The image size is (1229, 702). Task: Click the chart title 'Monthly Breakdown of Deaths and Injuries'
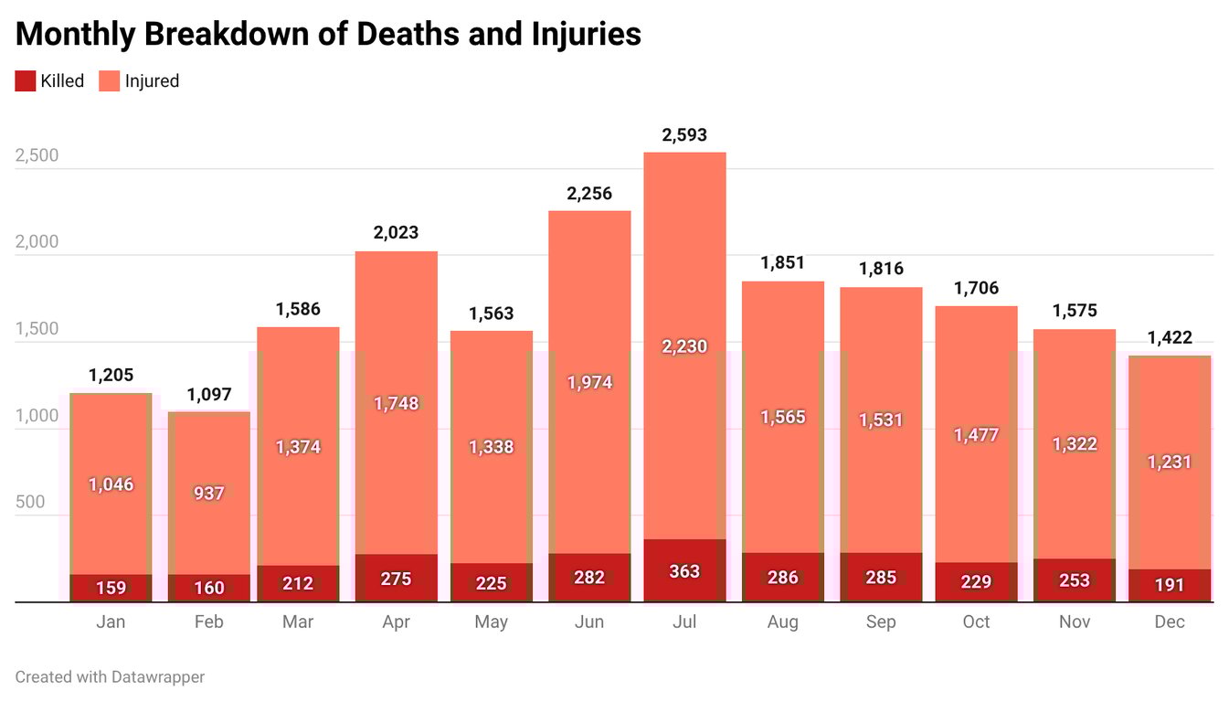pos(328,34)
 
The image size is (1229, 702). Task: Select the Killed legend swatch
pos(26,80)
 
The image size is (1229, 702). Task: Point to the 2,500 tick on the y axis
pos(37,155)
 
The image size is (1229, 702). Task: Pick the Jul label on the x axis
pos(684,622)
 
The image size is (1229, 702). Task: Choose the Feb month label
pos(209,622)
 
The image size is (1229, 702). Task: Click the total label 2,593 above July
pos(684,135)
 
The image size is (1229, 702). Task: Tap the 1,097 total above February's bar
pos(209,395)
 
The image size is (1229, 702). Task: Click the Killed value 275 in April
pos(396,579)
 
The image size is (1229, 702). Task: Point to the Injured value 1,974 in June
pos(589,382)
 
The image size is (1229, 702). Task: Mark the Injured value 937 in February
pos(209,493)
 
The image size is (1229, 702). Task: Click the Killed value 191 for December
pos(1170,585)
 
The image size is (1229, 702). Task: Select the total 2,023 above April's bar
pos(396,232)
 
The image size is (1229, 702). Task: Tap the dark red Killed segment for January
pos(111,588)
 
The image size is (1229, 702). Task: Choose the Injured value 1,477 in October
pos(976,435)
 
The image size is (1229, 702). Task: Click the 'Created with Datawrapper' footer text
pos(110,677)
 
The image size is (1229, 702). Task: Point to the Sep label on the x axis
pos(881,622)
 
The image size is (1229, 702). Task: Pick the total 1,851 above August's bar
pos(783,263)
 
